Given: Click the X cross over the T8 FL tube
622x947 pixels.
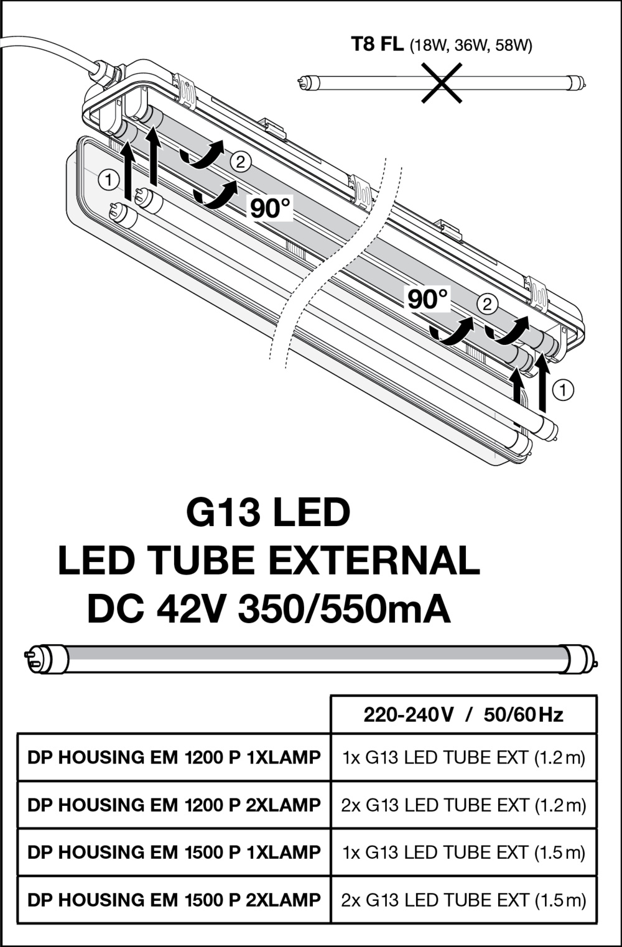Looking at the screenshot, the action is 442,83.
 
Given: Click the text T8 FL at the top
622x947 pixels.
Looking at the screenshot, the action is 377,44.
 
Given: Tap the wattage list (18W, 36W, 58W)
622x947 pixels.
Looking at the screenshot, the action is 471,45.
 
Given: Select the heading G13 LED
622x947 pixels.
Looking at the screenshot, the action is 268,512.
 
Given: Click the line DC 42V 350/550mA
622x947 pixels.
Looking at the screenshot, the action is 269,609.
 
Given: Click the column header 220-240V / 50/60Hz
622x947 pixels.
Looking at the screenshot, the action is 463,715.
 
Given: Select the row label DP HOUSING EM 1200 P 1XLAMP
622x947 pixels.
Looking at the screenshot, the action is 174,757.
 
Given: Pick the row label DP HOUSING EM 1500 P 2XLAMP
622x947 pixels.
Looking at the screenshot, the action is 174,900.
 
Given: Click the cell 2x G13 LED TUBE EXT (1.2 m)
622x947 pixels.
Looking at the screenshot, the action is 464,805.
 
